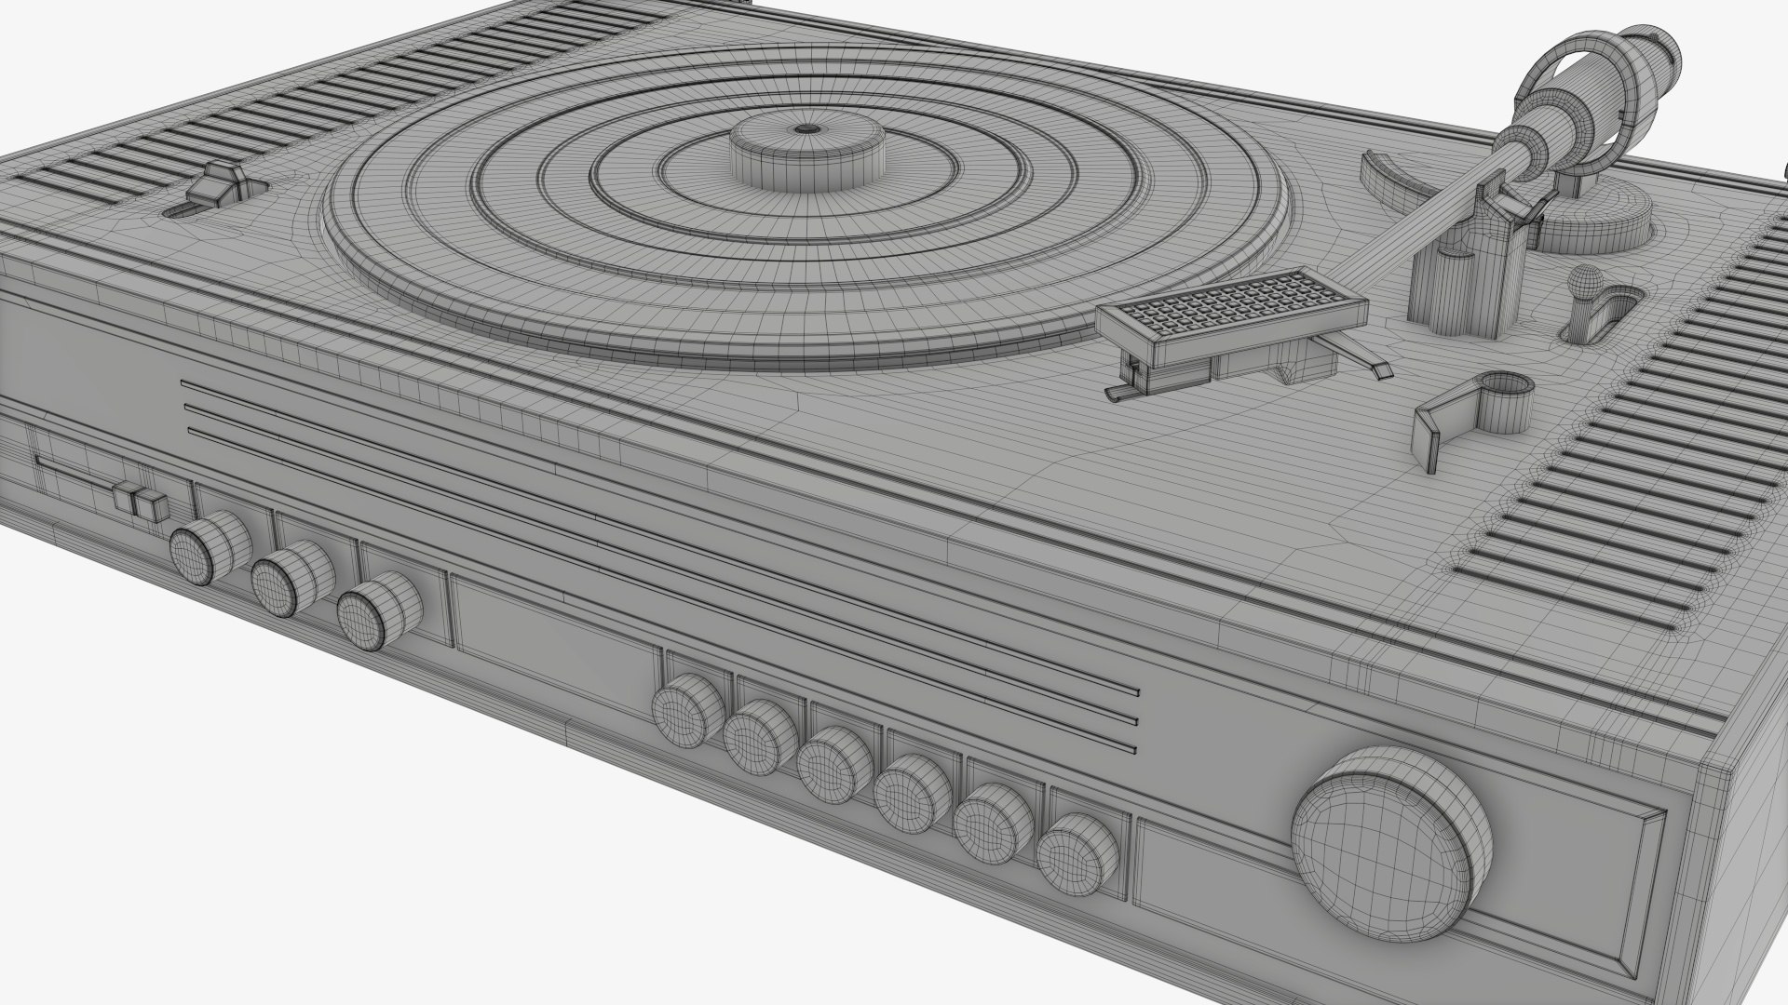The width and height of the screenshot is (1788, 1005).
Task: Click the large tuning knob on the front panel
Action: point(1390,842)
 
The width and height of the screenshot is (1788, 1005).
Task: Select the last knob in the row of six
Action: point(1077,855)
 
